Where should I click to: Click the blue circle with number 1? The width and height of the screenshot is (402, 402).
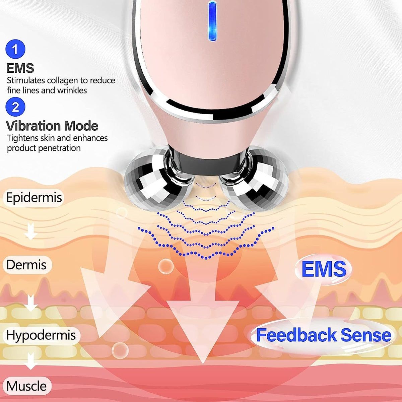click(x=15, y=49)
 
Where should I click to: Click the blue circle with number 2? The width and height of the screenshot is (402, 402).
click(x=15, y=107)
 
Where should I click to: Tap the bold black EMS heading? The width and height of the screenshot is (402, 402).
click(x=20, y=68)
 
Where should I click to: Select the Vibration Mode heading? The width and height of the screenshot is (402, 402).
click(x=52, y=126)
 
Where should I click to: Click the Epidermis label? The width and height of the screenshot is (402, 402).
click(x=34, y=197)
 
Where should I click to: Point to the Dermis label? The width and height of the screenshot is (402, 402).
click(x=26, y=265)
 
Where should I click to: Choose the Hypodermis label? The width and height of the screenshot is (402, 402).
click(x=41, y=335)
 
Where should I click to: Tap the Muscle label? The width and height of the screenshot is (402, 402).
click(x=27, y=386)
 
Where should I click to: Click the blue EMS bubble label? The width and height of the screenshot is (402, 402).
click(x=324, y=269)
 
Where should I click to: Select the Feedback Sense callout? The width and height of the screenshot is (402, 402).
click(x=324, y=335)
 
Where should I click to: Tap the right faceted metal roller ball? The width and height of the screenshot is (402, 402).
click(x=256, y=180)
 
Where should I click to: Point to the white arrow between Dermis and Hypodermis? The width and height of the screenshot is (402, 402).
click(x=31, y=303)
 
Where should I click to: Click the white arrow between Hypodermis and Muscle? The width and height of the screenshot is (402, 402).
click(x=31, y=360)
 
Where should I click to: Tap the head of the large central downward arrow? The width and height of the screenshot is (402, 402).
click(x=203, y=332)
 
